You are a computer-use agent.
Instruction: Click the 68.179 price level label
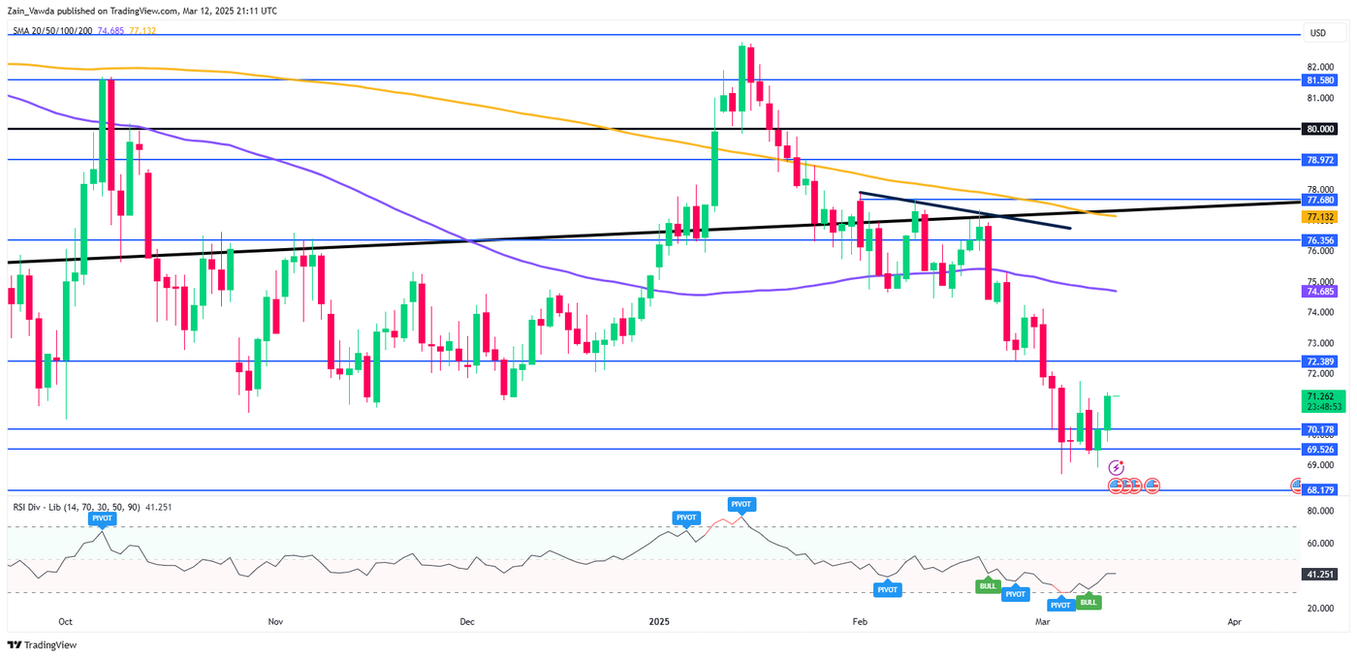pos(1324,490)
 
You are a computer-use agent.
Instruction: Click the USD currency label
pos(1317,33)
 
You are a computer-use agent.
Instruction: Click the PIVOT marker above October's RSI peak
pos(102,518)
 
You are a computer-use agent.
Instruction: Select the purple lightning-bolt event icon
pos(1116,467)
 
